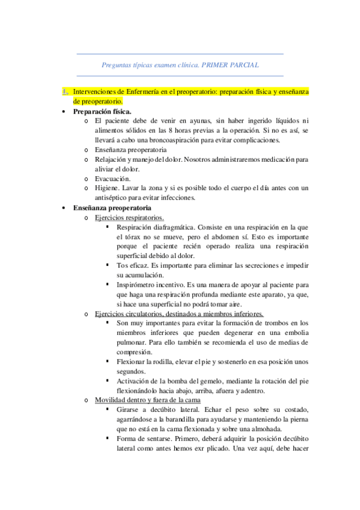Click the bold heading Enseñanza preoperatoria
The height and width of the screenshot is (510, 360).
coord(112,207)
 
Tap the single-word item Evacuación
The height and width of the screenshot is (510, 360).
coord(112,179)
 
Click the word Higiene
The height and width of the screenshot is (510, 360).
coord(108,188)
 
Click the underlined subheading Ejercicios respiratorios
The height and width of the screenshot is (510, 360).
coord(129,217)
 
